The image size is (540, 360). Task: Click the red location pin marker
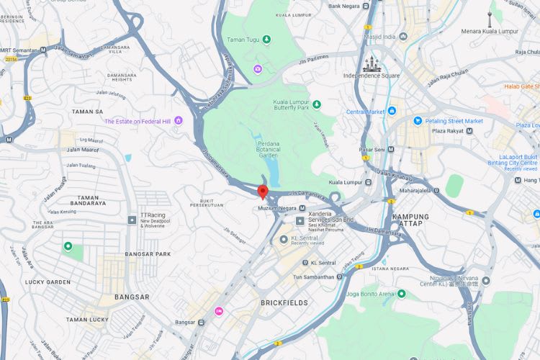(x=263, y=192)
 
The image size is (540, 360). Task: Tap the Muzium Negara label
(x=277, y=209)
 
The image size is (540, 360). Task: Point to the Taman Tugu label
(x=243, y=40)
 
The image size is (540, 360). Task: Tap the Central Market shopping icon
(x=392, y=112)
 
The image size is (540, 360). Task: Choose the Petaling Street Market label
(x=454, y=121)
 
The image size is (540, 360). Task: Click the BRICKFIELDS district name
(x=284, y=303)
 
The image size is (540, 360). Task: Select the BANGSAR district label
(x=132, y=297)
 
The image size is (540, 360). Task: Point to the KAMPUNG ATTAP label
(x=410, y=220)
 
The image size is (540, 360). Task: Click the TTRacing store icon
(x=132, y=219)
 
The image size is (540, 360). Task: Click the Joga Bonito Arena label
(x=370, y=294)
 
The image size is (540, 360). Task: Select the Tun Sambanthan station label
(x=318, y=277)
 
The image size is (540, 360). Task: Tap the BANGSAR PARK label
(x=147, y=253)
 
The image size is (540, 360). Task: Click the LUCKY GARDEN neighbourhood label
(x=46, y=282)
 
